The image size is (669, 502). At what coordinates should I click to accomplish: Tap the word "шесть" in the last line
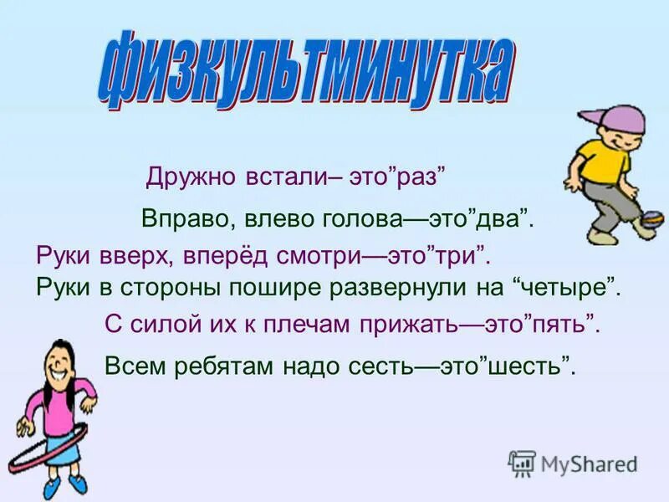click(x=532, y=365)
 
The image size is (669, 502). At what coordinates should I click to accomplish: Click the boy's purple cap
click(x=599, y=116)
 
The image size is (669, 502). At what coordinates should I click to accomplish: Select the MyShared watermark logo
click(x=573, y=463)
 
